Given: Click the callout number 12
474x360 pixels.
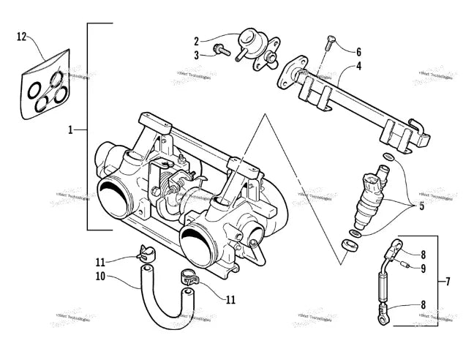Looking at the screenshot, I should coord(21,36).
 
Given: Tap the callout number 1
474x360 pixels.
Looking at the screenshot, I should coord(71,130).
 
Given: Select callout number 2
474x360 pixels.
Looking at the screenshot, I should coord(197,41).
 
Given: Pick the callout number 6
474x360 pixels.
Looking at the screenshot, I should coord(358,52).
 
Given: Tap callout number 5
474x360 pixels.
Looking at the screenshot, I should coord(421,207).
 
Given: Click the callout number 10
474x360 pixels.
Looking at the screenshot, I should coord(100,276).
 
